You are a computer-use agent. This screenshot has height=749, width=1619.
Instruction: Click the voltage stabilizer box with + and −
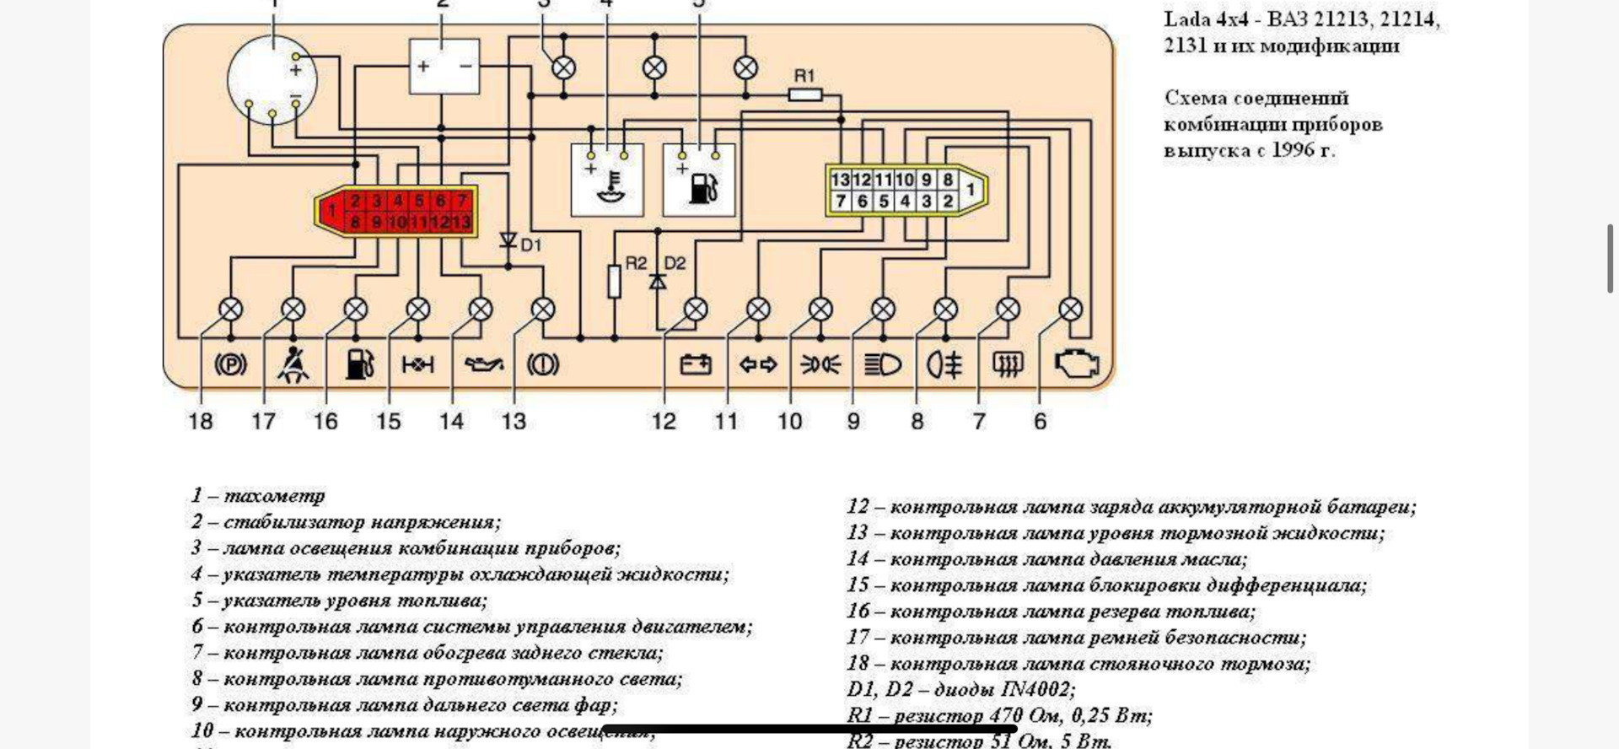[444, 66]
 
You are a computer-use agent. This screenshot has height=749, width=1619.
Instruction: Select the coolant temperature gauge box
[607, 181]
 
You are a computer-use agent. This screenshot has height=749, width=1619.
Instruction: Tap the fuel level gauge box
[699, 181]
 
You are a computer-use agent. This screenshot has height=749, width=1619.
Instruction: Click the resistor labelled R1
[805, 95]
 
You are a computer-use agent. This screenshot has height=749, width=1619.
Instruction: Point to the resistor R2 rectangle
[615, 281]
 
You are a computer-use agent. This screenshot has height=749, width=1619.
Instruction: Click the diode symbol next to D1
[508, 241]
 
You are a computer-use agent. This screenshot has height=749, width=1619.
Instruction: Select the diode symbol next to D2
[658, 281]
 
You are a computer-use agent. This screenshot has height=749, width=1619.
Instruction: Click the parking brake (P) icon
[230, 364]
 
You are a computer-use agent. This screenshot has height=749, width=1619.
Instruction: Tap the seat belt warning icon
[293, 364]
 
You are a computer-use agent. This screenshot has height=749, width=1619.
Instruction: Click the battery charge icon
[696, 364]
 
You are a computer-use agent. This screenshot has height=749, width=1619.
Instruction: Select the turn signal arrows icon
[758, 364]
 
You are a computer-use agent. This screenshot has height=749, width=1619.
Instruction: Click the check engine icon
[1077, 364]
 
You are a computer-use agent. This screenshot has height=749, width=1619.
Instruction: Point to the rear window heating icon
[1008, 364]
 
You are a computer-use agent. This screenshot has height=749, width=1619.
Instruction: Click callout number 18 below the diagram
[201, 421]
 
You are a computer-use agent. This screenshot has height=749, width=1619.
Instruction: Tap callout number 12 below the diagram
[664, 421]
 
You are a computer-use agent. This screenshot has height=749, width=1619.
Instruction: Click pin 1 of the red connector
[332, 211]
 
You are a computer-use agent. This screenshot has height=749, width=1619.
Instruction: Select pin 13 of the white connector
[840, 180]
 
